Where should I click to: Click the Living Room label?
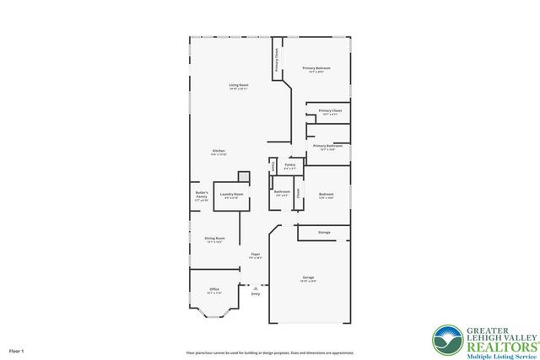238,86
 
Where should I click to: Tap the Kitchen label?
218,152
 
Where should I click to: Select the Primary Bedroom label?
316,69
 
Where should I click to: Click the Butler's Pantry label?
201,196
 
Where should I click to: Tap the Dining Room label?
214,239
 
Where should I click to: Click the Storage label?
324,232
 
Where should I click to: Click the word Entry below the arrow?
255,294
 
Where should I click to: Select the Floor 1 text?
17,350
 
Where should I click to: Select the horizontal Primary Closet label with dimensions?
330,112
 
